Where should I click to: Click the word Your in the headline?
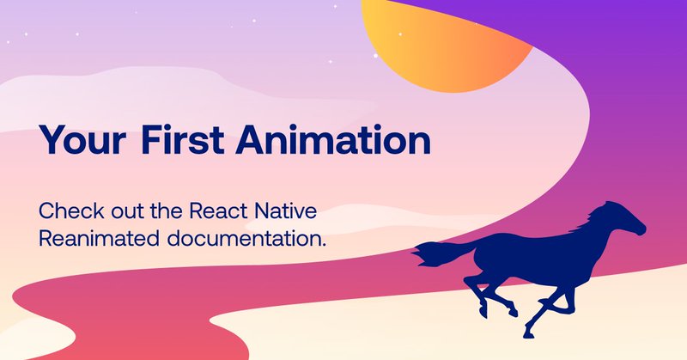pos(82,139)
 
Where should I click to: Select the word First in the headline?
pos(183,139)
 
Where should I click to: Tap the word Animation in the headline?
pos(333,139)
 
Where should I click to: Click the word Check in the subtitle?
pos(71,211)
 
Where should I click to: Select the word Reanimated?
pos(99,239)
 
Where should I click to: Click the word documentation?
pos(245,239)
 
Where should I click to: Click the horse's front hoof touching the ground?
pos(528,334)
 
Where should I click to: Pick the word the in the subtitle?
pos(167,211)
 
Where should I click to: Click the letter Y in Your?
pos(51,139)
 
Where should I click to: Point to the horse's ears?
pos(608,204)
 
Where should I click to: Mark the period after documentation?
pos(324,245)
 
